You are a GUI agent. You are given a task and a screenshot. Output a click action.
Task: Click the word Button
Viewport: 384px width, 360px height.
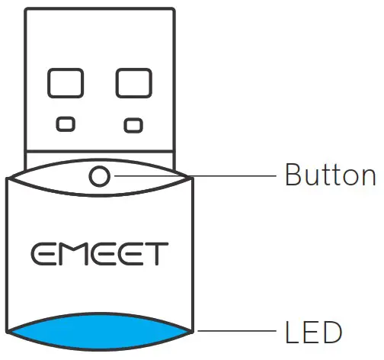[330, 175]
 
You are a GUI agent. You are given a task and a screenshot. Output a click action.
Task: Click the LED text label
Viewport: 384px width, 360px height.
[312, 333]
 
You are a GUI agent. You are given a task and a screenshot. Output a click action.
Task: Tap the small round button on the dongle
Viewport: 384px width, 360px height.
[100, 176]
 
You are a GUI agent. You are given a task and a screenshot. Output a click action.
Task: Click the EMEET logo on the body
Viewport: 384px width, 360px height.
[100, 253]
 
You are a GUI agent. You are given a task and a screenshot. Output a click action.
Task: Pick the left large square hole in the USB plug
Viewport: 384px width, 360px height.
[66, 84]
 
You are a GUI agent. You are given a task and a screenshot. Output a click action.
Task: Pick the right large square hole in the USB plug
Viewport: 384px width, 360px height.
[133, 84]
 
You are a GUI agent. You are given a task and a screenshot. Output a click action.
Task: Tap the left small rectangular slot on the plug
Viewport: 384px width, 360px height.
[66, 123]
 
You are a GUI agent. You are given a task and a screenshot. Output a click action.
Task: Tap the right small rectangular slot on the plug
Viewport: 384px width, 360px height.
[133, 124]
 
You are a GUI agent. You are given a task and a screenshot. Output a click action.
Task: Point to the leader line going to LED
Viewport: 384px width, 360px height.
[236, 333]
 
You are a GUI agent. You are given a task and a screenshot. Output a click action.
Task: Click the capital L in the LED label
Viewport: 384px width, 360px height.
[292, 333]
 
